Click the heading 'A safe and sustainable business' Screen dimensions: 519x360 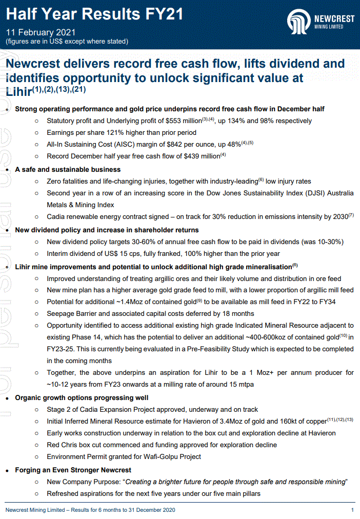click(x=68, y=169)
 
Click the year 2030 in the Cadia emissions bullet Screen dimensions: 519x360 click(x=339, y=217)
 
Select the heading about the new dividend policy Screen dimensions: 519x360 click(x=107, y=230)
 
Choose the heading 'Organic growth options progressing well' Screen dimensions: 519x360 click(x=82, y=397)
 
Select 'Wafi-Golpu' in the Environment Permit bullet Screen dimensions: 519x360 click(x=162, y=456)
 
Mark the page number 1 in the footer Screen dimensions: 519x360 click(x=352, y=510)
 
